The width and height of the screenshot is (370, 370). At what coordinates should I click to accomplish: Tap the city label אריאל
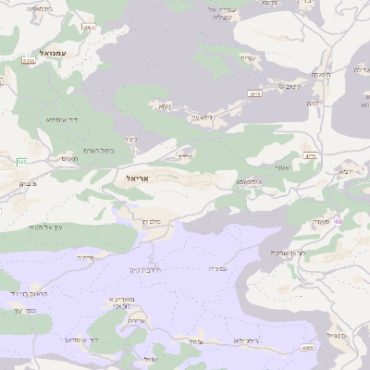tap(134, 175)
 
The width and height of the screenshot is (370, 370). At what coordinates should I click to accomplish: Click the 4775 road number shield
tap(310, 156)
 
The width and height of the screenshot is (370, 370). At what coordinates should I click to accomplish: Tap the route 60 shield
tap(339, 221)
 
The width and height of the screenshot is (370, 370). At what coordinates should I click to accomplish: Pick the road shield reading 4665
tap(307, 347)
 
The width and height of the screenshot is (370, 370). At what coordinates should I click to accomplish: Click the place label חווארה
tap(321, 74)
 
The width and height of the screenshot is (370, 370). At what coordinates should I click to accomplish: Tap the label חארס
tap(69, 158)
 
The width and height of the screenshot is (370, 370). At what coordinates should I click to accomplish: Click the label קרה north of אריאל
tap(131, 140)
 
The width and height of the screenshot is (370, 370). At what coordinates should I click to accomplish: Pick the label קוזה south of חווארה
tap(313, 103)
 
